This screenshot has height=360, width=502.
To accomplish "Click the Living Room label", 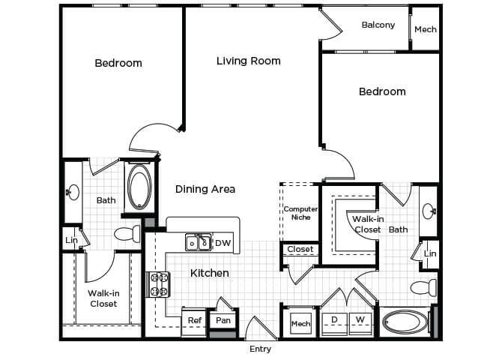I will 248,61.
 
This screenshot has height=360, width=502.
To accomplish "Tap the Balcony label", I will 378,25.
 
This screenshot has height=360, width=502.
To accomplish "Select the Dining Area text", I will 205,189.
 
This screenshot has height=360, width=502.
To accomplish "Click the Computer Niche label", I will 300,214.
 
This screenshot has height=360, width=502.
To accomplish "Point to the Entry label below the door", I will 260,349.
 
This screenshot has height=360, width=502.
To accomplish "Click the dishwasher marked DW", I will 223,243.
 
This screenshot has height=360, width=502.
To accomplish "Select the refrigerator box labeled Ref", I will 195,320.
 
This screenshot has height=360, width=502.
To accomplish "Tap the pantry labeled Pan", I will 223,320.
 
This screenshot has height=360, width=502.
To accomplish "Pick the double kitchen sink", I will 198,243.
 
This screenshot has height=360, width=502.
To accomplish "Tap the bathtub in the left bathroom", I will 139,186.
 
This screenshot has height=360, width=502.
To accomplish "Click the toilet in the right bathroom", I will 423,287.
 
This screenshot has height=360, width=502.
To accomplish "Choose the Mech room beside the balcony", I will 425,29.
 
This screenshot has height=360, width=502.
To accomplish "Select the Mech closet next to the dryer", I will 300,324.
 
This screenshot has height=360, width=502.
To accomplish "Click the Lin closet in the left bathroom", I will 71,240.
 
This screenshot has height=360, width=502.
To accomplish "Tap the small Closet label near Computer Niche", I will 300,249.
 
